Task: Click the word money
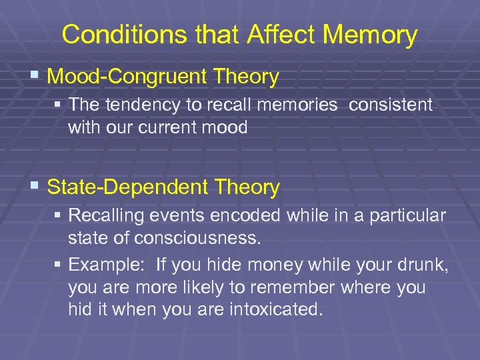(x=274, y=265)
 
